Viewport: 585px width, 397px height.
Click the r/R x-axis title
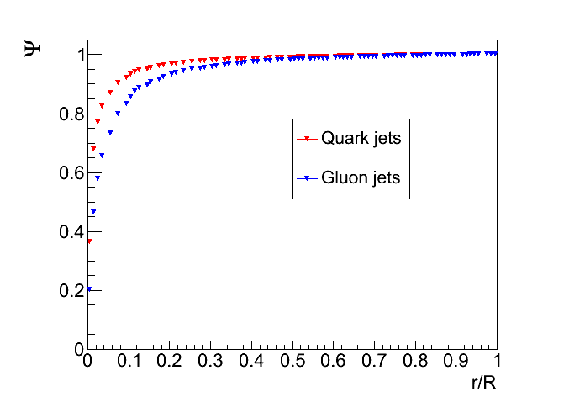[x=488, y=381]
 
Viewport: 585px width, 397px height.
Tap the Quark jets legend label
[x=361, y=139]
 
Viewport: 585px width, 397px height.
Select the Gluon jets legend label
[x=361, y=178]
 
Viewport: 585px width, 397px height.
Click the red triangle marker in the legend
[x=307, y=139]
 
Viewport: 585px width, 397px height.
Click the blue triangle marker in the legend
[x=307, y=178]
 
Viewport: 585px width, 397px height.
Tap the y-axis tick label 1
[x=78, y=56]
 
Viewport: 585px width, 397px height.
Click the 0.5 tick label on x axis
[x=292, y=363]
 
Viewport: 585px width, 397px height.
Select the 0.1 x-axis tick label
[x=129, y=363]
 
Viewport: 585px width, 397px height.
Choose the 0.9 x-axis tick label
[x=456, y=363]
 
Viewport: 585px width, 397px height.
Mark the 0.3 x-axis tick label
[x=210, y=363]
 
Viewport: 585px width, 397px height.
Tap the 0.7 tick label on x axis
[x=374, y=363]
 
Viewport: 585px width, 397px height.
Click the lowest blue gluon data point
[x=88, y=289]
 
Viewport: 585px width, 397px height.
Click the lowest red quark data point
[x=89, y=241]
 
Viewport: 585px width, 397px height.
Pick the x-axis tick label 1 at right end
[x=497, y=363]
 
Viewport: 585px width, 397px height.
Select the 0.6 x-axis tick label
[x=334, y=363]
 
